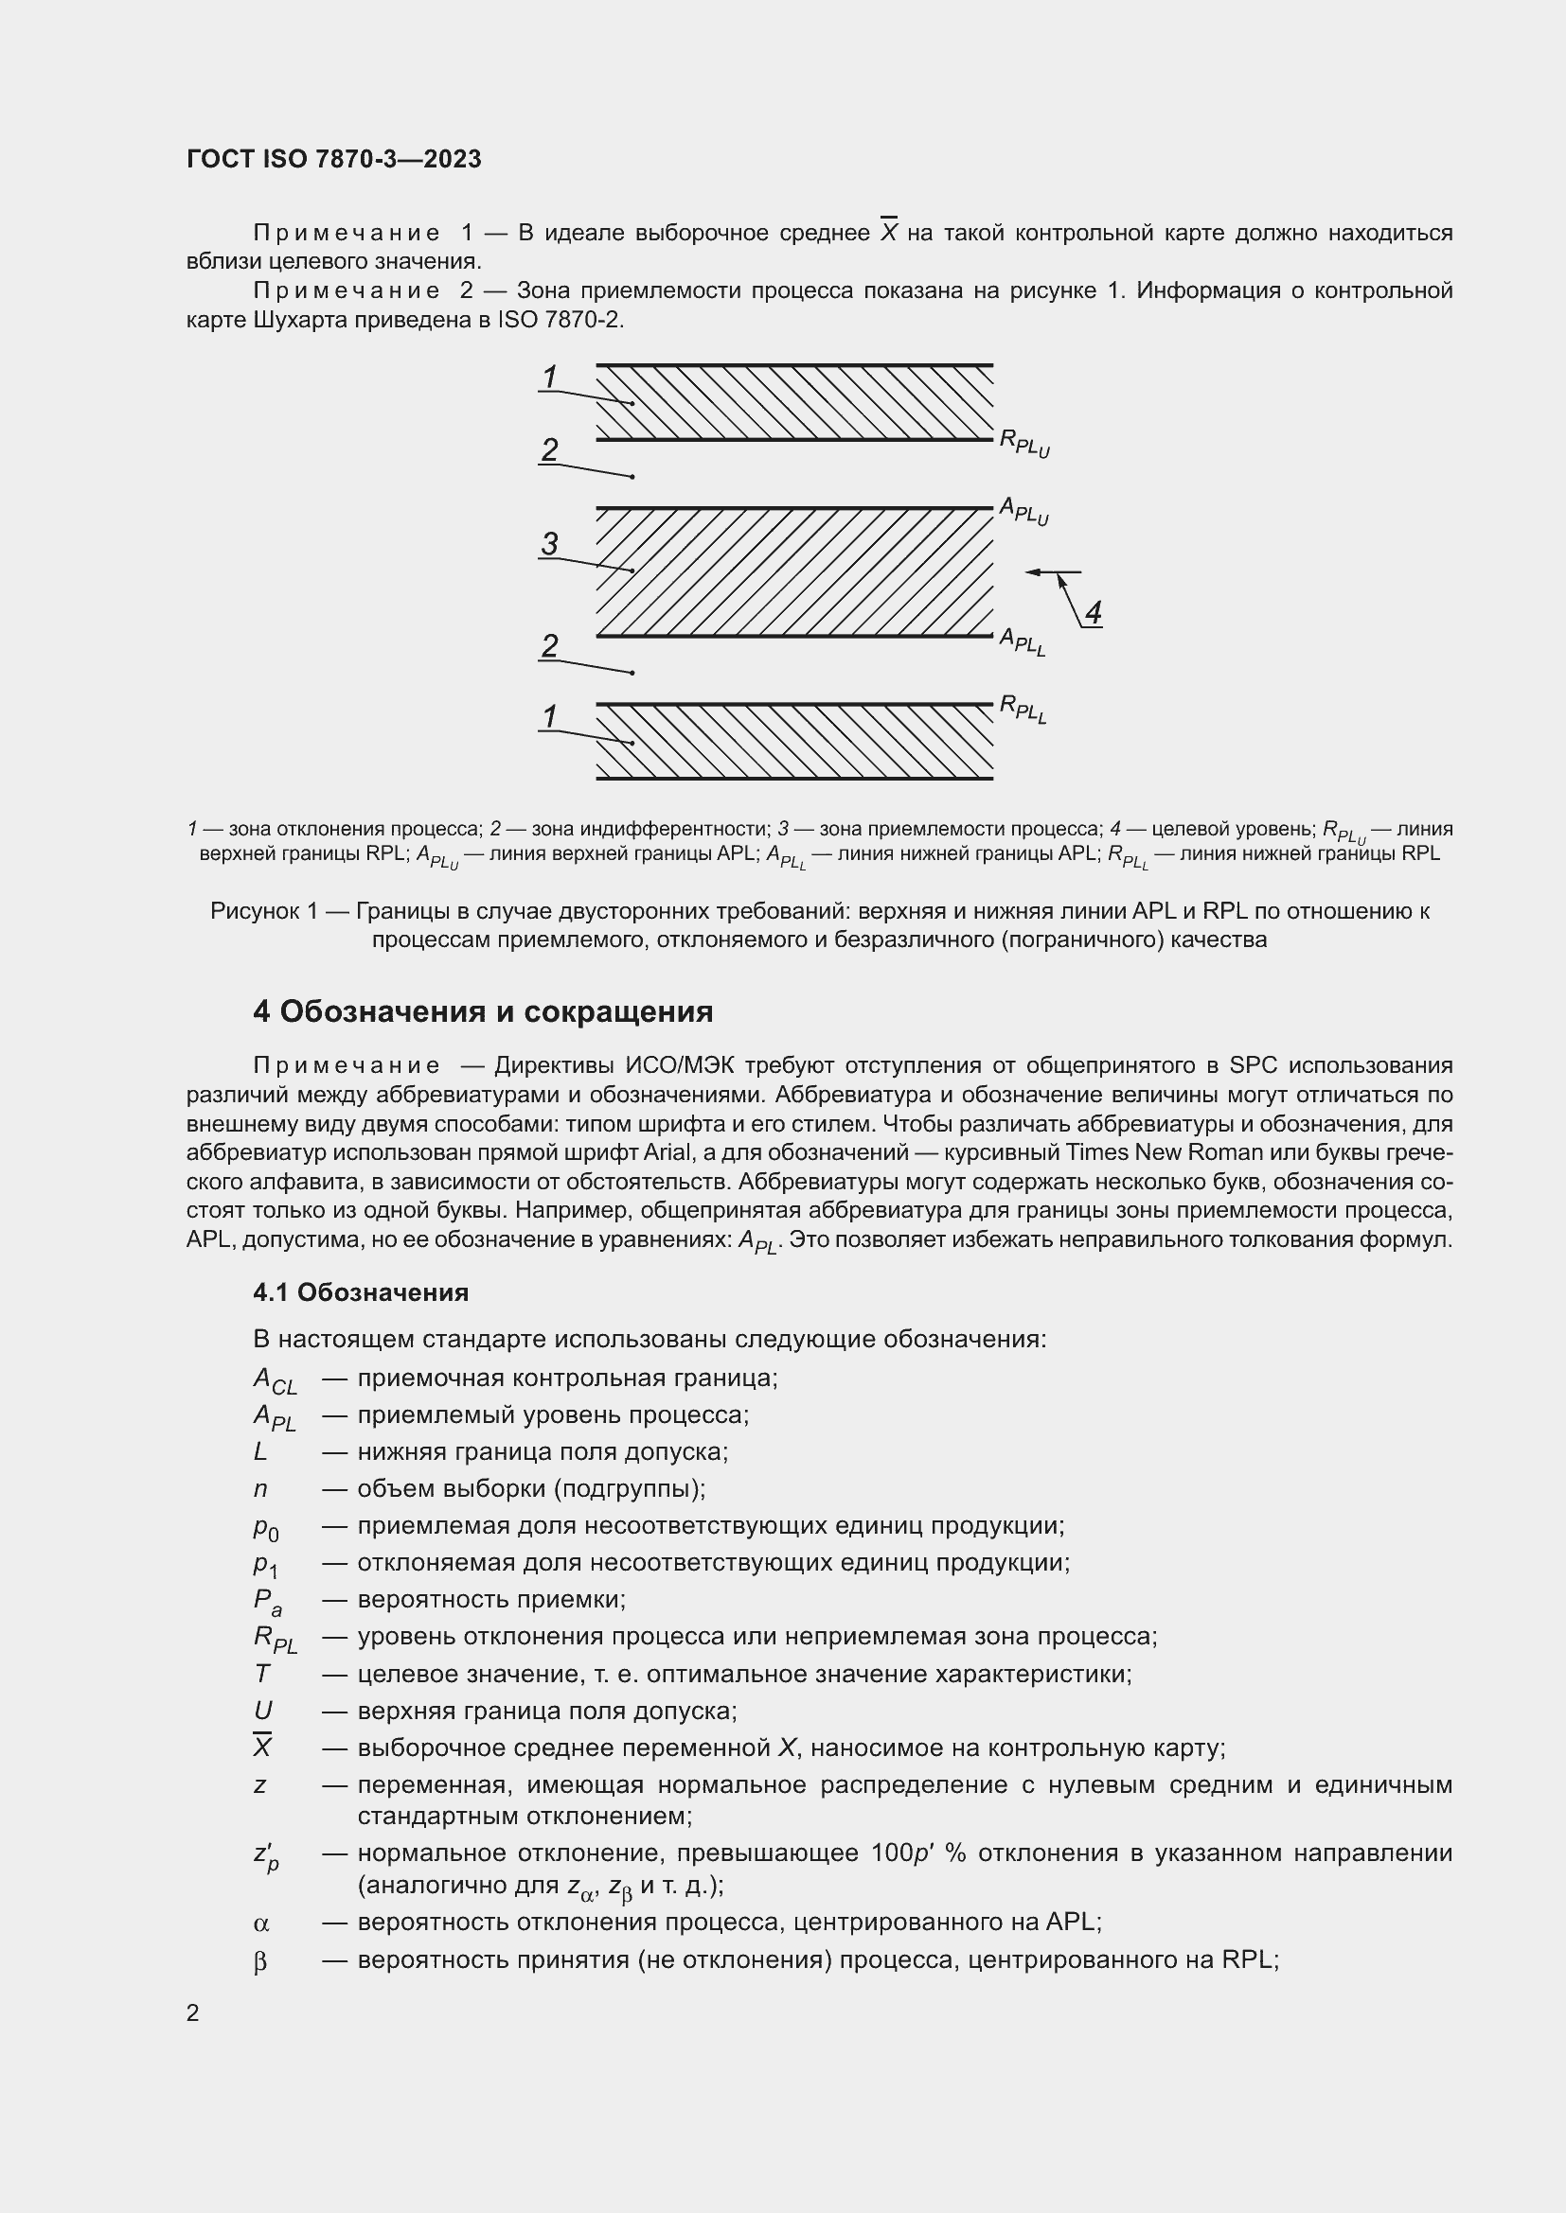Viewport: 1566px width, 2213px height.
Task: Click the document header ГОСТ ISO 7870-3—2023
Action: [x=333, y=159]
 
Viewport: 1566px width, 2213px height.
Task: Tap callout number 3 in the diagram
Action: [x=550, y=544]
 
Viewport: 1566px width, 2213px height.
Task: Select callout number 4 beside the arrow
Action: [x=1093, y=612]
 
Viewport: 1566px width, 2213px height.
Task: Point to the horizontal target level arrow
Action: [x=1052, y=572]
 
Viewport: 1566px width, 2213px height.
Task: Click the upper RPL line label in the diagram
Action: [x=1023, y=444]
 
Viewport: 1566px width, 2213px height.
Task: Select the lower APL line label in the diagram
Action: [x=1023, y=641]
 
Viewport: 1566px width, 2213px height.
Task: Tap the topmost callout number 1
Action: [x=550, y=377]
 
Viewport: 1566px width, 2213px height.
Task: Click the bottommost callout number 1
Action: [x=550, y=716]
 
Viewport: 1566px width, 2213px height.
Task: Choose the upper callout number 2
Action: [x=550, y=450]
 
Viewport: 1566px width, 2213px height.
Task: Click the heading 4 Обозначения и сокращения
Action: [x=483, y=1011]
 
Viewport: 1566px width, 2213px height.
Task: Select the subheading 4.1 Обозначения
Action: [x=361, y=1292]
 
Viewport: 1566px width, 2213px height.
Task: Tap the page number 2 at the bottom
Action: [x=193, y=2013]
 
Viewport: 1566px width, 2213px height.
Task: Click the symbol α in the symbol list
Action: [x=260, y=1923]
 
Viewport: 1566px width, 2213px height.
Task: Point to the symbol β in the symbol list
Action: [x=260, y=1961]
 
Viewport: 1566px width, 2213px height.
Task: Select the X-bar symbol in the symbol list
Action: [x=262, y=1747]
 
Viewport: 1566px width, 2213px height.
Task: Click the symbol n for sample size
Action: [x=260, y=1489]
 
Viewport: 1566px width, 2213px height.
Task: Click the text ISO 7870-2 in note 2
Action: [x=560, y=320]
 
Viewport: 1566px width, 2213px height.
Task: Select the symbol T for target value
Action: [x=261, y=1674]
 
